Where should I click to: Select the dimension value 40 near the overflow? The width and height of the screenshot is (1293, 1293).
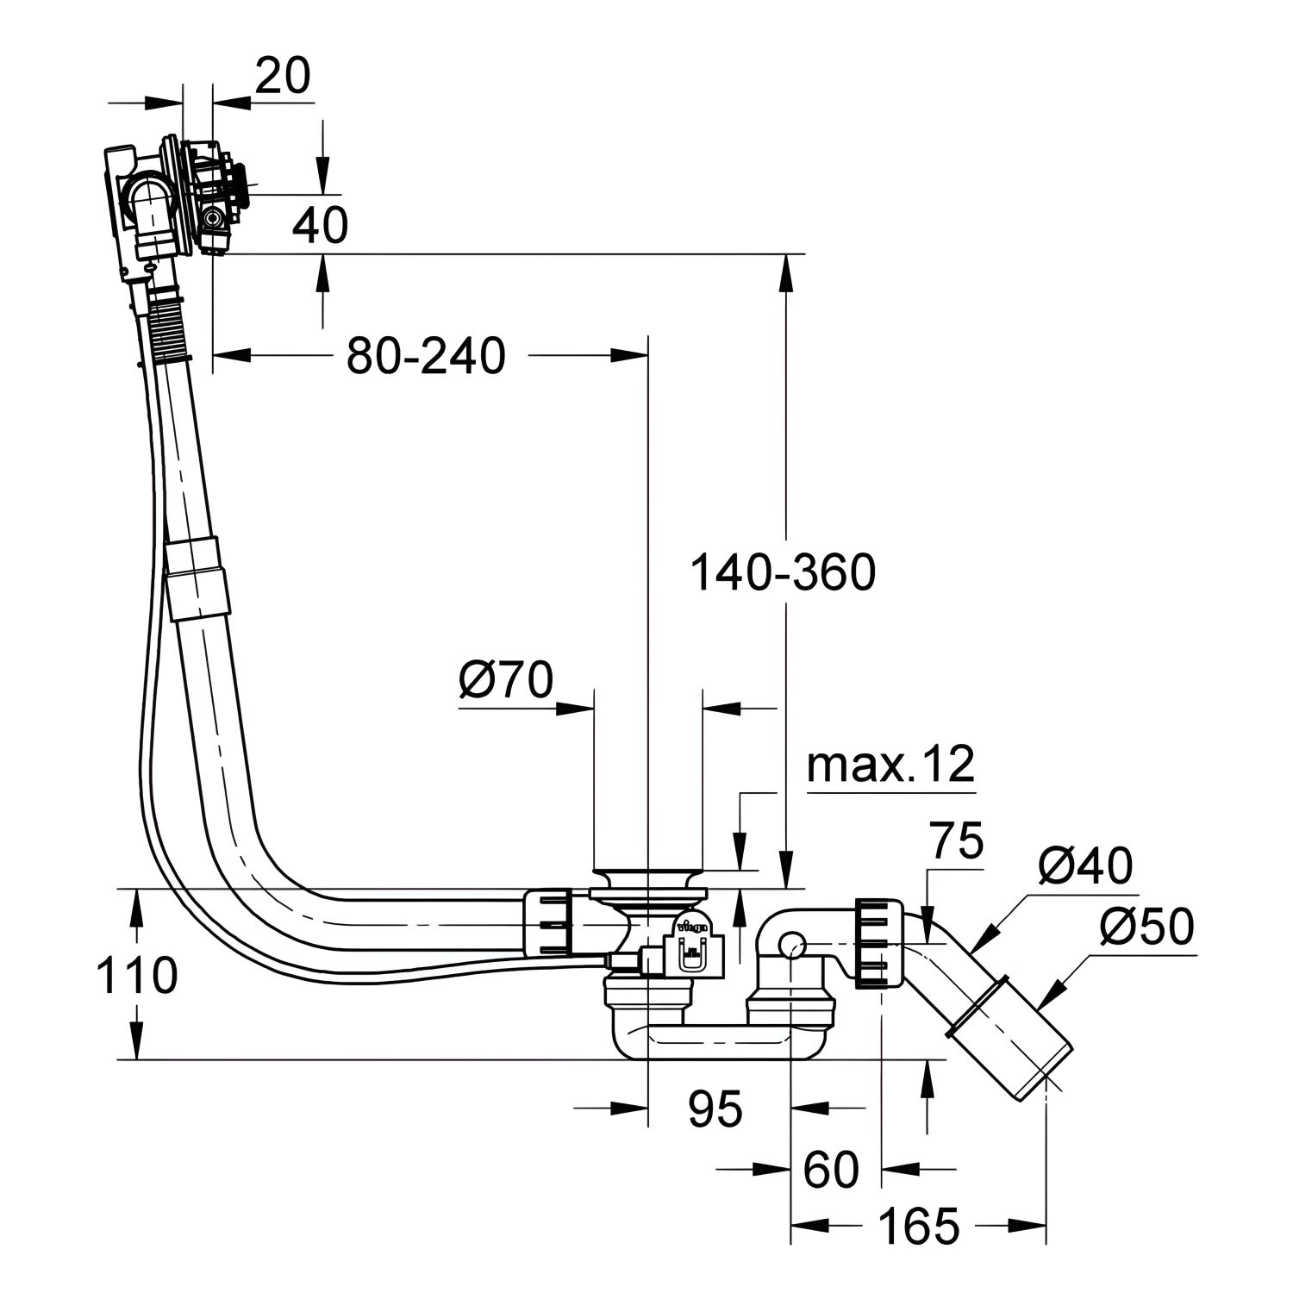click(x=320, y=226)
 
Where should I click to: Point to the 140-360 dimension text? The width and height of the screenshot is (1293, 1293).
click(x=783, y=573)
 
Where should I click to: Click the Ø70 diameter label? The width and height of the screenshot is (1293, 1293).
click(x=505, y=680)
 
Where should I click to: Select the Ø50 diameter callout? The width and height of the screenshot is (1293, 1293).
click(x=1147, y=928)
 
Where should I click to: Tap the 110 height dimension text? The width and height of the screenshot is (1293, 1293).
click(x=137, y=976)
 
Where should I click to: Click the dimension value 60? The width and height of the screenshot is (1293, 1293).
click(x=831, y=1170)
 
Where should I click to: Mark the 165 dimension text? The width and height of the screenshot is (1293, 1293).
click(x=919, y=1226)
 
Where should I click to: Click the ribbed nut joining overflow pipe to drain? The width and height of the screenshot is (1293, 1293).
click(x=549, y=923)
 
